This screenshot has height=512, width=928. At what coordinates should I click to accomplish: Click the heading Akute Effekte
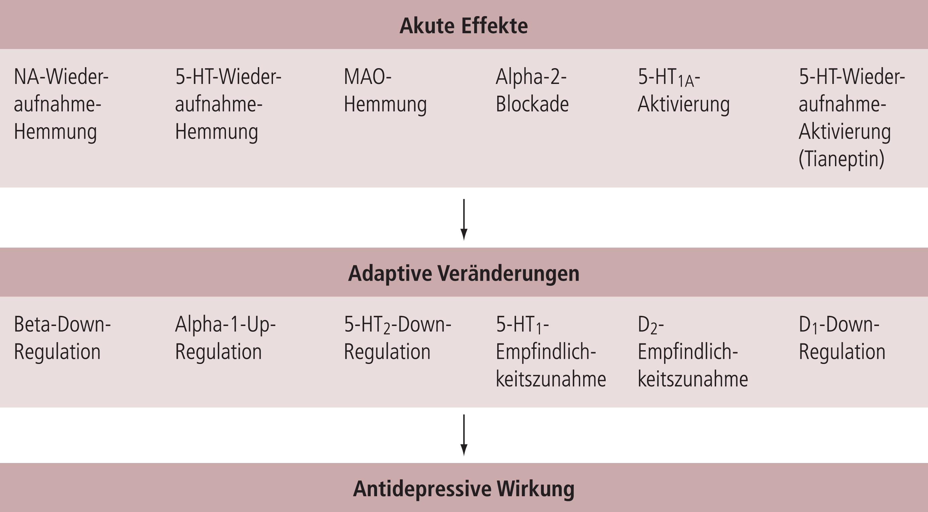pyautogui.click(x=464, y=26)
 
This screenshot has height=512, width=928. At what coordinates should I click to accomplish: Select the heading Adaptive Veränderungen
pyautogui.click(x=464, y=274)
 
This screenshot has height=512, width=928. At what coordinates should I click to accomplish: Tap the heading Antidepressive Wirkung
pyautogui.click(x=464, y=489)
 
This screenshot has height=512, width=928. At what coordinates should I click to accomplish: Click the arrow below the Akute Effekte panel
pyautogui.click(x=464, y=220)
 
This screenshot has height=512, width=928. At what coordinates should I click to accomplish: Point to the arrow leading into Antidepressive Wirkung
pyautogui.click(x=464, y=435)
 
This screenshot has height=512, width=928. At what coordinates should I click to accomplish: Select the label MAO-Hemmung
pyautogui.click(x=385, y=91)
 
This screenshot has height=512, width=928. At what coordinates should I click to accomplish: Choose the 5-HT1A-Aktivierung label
pyautogui.click(x=683, y=91)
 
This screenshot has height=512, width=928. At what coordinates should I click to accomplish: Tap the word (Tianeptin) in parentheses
pyautogui.click(x=841, y=159)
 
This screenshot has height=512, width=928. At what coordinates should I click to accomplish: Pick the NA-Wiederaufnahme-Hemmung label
pyautogui.click(x=61, y=104)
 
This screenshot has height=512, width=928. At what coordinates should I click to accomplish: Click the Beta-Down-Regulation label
pyautogui.click(x=62, y=338)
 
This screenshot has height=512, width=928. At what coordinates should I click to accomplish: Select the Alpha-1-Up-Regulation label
pyautogui.click(x=225, y=338)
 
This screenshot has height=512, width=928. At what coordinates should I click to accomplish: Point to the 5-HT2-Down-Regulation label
pyautogui.click(x=397, y=338)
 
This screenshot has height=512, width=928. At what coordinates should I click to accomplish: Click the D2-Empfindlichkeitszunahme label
pyautogui.click(x=693, y=352)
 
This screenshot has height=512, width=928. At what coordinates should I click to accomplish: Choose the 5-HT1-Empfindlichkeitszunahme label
pyautogui.click(x=551, y=352)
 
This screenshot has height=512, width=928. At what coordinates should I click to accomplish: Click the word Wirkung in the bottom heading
pyautogui.click(x=536, y=489)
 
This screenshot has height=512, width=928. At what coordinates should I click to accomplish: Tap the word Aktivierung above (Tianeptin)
pyautogui.click(x=845, y=132)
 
